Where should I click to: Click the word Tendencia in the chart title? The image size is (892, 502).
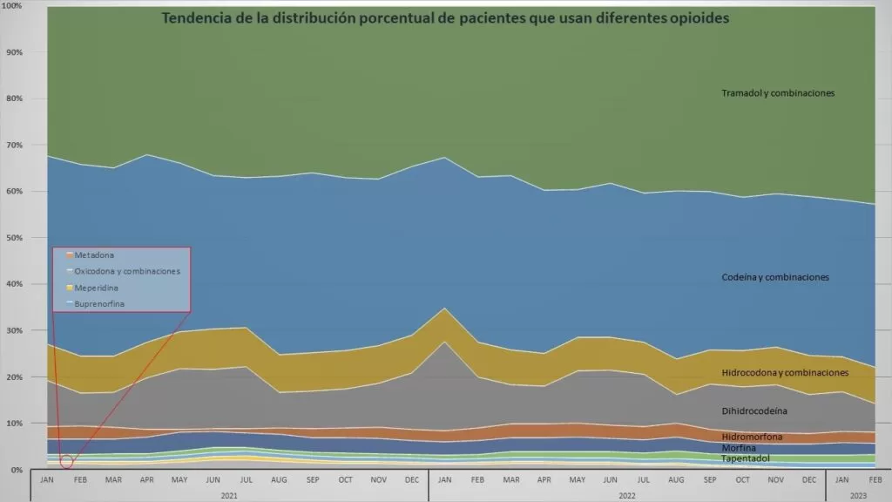tap(200, 18)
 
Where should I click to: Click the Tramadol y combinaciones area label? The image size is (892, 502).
tap(778, 92)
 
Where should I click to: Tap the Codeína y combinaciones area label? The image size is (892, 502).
tap(775, 277)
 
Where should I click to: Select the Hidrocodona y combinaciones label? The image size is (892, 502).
tap(785, 372)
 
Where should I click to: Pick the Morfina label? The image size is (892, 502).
tap(739, 447)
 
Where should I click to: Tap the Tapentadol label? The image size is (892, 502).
tap(746, 458)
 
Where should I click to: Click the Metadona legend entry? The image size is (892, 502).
tap(93, 255)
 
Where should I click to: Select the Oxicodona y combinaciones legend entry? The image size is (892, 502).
tap(126, 271)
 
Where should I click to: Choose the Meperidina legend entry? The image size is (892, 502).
tap(98, 287)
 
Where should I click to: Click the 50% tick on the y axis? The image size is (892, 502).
tap(14, 237)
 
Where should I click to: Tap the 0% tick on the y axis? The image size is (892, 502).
tap(17, 469)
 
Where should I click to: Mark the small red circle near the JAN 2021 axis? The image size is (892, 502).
tap(67, 461)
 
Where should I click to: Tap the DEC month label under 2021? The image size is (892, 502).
tap(412, 479)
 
